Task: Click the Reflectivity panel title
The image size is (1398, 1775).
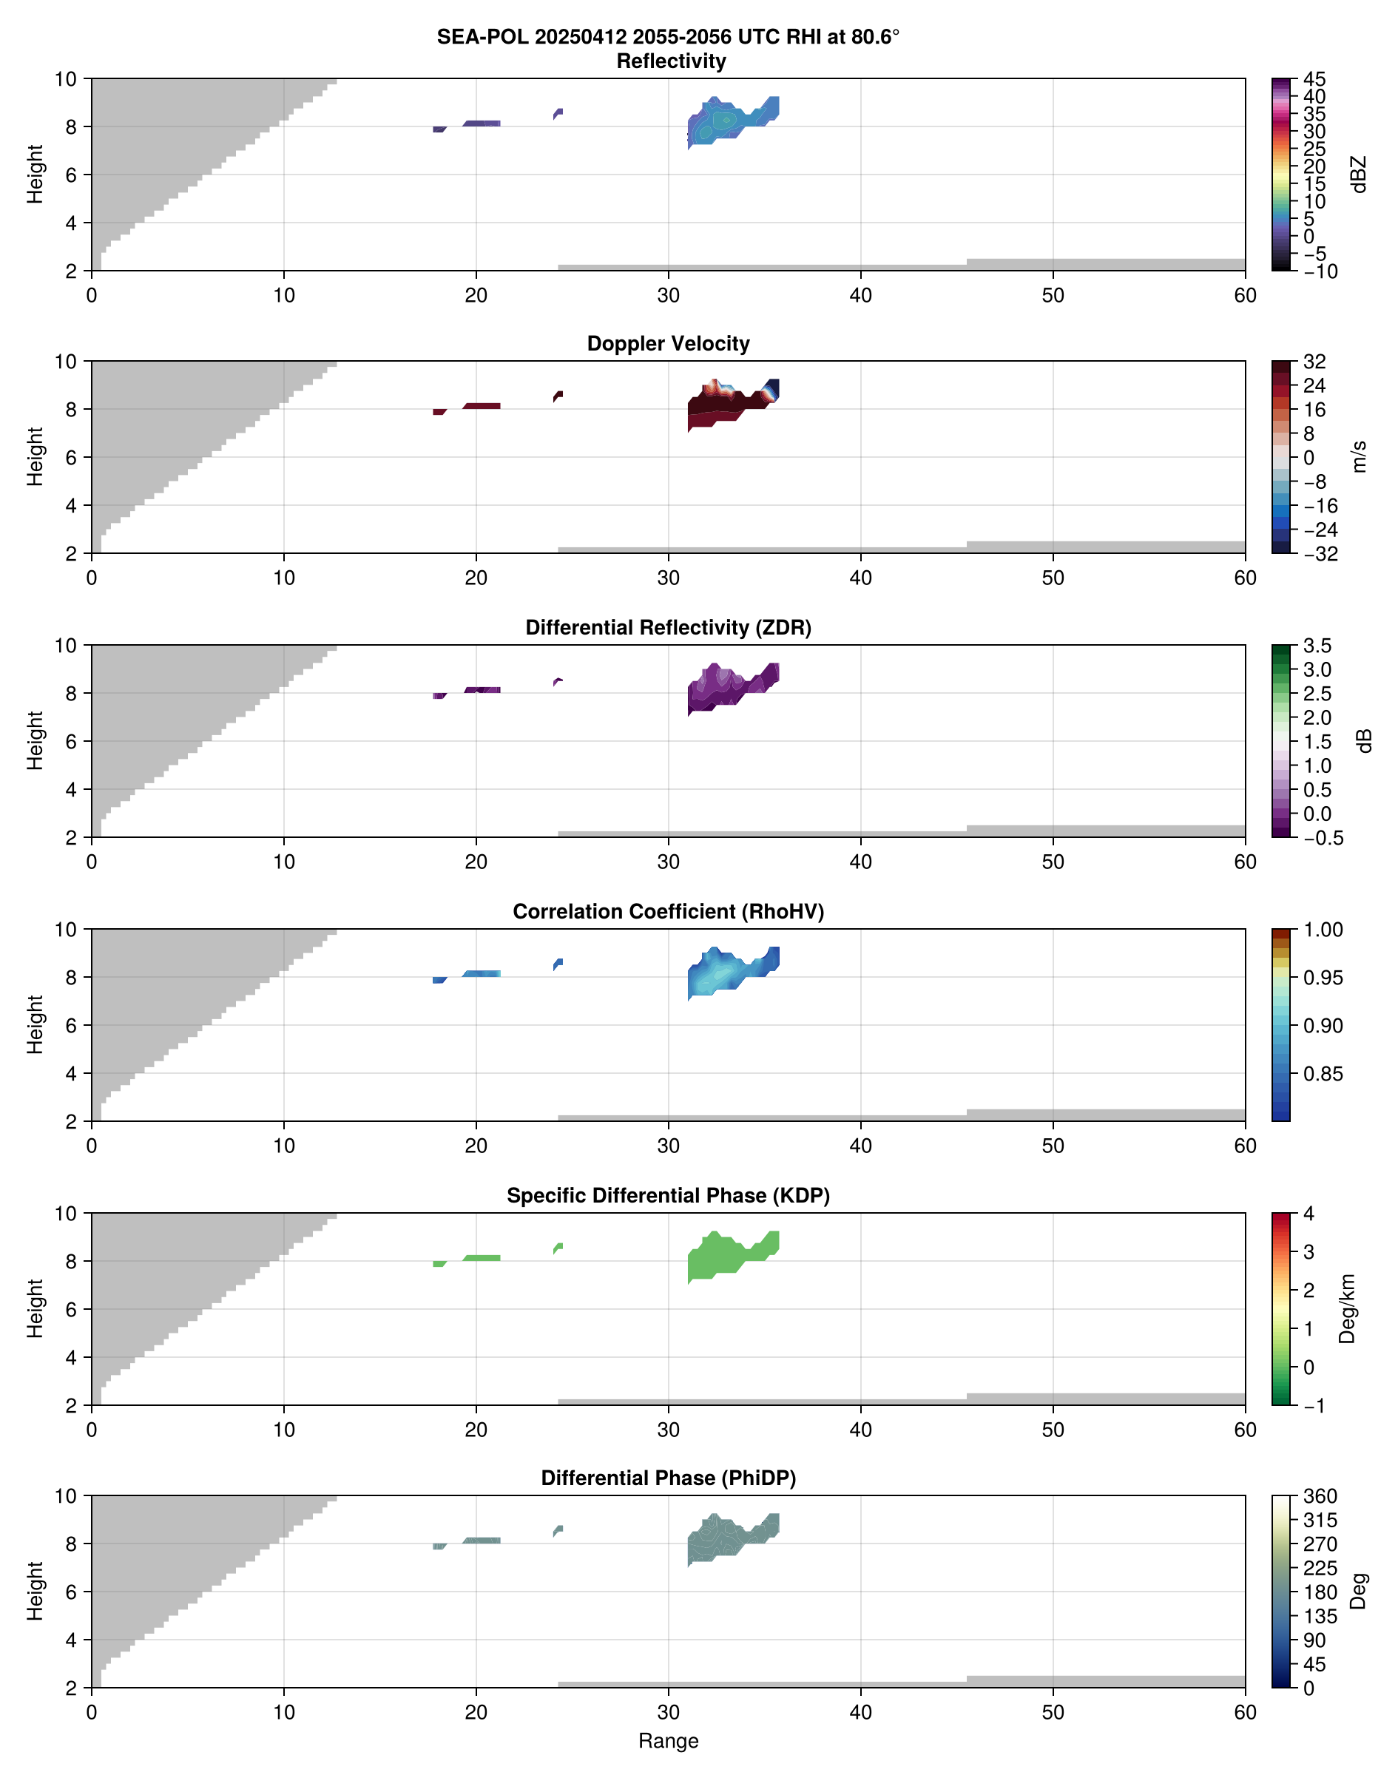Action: (x=670, y=61)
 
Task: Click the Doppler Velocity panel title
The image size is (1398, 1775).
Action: (x=668, y=344)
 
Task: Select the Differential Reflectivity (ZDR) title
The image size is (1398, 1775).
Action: (x=668, y=628)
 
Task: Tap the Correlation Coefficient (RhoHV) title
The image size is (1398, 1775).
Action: (x=668, y=912)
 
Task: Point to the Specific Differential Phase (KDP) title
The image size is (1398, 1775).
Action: (x=668, y=1196)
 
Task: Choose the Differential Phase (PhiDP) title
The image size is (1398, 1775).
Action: (x=668, y=1478)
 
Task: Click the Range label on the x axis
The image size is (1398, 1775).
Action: (x=668, y=1741)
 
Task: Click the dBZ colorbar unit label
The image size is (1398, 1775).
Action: (x=1360, y=175)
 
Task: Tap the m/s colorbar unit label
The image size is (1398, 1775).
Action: (x=1360, y=456)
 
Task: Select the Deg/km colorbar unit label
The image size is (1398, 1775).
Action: (x=1346, y=1308)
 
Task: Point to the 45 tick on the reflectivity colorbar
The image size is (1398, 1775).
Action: (x=1314, y=79)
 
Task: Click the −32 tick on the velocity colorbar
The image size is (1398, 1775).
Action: (x=1320, y=554)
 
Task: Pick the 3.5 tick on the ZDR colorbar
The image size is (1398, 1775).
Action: (x=1317, y=646)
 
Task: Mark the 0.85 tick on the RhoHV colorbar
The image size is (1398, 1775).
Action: (x=1323, y=1074)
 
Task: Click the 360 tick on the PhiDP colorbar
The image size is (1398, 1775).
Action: (x=1320, y=1496)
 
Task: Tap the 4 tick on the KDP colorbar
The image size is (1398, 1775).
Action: (x=1308, y=1214)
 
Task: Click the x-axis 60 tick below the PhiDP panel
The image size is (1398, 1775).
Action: (x=1245, y=1712)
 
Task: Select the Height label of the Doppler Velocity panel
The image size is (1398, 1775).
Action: (x=34, y=456)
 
